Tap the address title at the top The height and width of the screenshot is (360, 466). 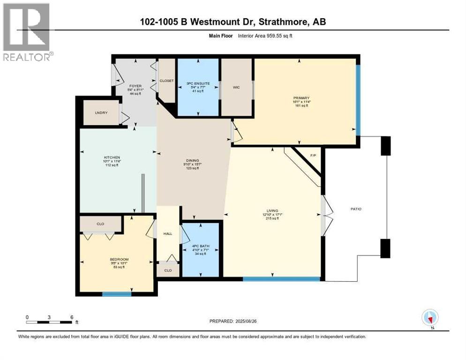point(233,22)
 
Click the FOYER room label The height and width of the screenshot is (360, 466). point(135,86)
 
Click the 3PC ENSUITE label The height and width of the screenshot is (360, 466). point(197,83)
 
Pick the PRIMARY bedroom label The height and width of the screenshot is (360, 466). point(300,98)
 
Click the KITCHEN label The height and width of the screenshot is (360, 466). point(112,157)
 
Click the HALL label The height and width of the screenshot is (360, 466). point(167,233)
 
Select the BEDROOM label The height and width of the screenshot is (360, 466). point(119,259)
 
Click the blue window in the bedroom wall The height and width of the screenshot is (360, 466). point(117,294)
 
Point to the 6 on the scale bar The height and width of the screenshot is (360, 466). point(71,317)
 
